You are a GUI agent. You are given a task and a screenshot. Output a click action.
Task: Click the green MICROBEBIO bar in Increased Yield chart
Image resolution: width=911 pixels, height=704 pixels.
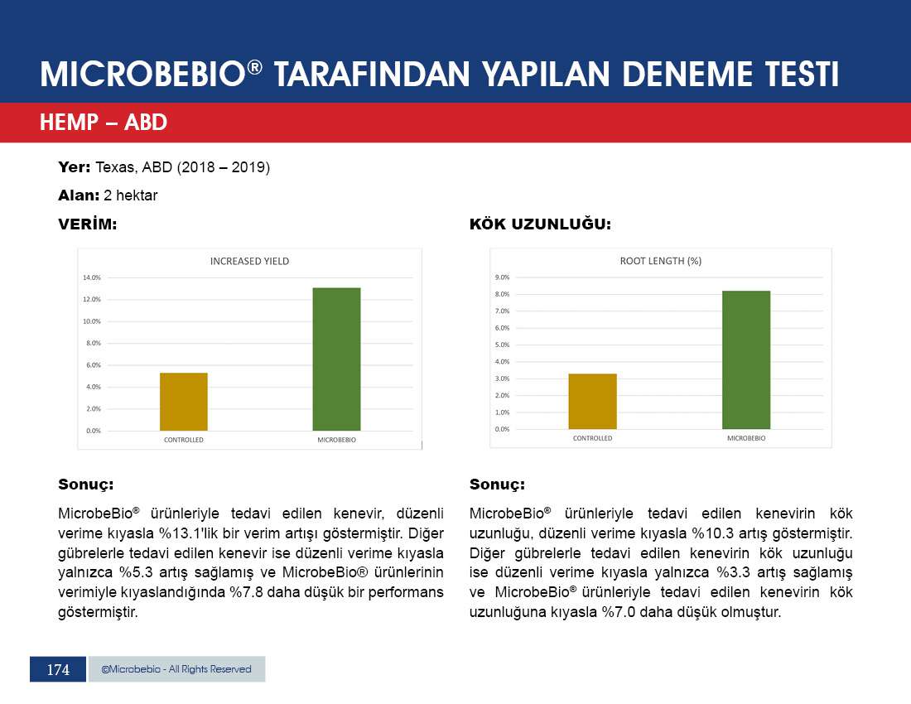tap(336, 359)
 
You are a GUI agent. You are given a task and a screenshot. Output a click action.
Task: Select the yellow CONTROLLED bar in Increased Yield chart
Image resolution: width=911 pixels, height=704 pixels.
tap(184, 402)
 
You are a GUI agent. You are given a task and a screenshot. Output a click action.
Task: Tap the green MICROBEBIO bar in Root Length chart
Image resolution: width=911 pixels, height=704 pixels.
tap(746, 359)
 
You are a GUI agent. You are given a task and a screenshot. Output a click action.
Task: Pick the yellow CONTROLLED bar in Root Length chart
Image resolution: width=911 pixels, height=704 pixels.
tap(593, 402)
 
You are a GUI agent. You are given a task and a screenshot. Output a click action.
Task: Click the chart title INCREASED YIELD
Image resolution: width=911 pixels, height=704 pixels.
tap(250, 262)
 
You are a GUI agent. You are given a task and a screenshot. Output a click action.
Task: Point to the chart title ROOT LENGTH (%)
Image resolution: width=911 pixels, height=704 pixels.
tap(661, 262)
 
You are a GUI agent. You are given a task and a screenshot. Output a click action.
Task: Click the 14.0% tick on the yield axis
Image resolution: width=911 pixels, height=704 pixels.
tap(92, 277)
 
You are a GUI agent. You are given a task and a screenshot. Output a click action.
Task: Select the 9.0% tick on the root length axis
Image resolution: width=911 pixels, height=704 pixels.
tap(502, 277)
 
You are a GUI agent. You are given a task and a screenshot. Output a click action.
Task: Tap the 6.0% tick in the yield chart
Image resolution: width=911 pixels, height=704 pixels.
tap(93, 364)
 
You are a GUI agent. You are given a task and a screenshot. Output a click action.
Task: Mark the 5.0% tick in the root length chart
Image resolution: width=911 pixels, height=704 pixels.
tap(502, 345)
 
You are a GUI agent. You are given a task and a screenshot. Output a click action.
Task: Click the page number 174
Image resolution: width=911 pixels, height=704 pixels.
tap(58, 670)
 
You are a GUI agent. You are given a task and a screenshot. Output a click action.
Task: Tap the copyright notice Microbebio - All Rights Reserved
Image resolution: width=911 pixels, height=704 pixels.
tap(176, 669)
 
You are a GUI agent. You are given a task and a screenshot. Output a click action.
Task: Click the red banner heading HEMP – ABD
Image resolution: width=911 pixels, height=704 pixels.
tap(104, 122)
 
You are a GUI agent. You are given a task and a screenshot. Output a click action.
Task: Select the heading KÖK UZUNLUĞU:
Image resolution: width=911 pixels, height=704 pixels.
tap(540, 224)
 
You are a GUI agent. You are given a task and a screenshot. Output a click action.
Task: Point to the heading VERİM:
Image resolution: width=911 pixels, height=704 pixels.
tap(88, 224)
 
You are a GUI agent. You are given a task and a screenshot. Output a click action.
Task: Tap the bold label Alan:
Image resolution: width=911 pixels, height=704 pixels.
tap(79, 195)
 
